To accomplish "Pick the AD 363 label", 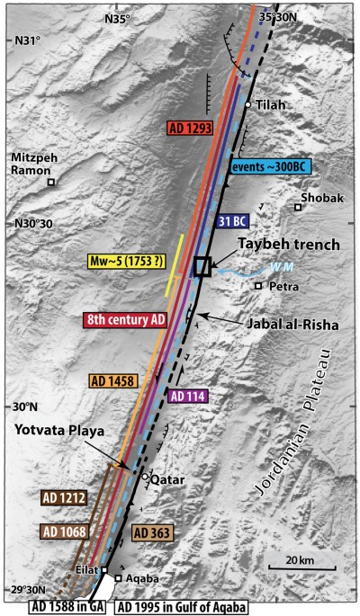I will point(153,532).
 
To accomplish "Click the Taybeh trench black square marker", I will point(202,266).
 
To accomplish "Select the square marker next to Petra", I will point(257,285).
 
